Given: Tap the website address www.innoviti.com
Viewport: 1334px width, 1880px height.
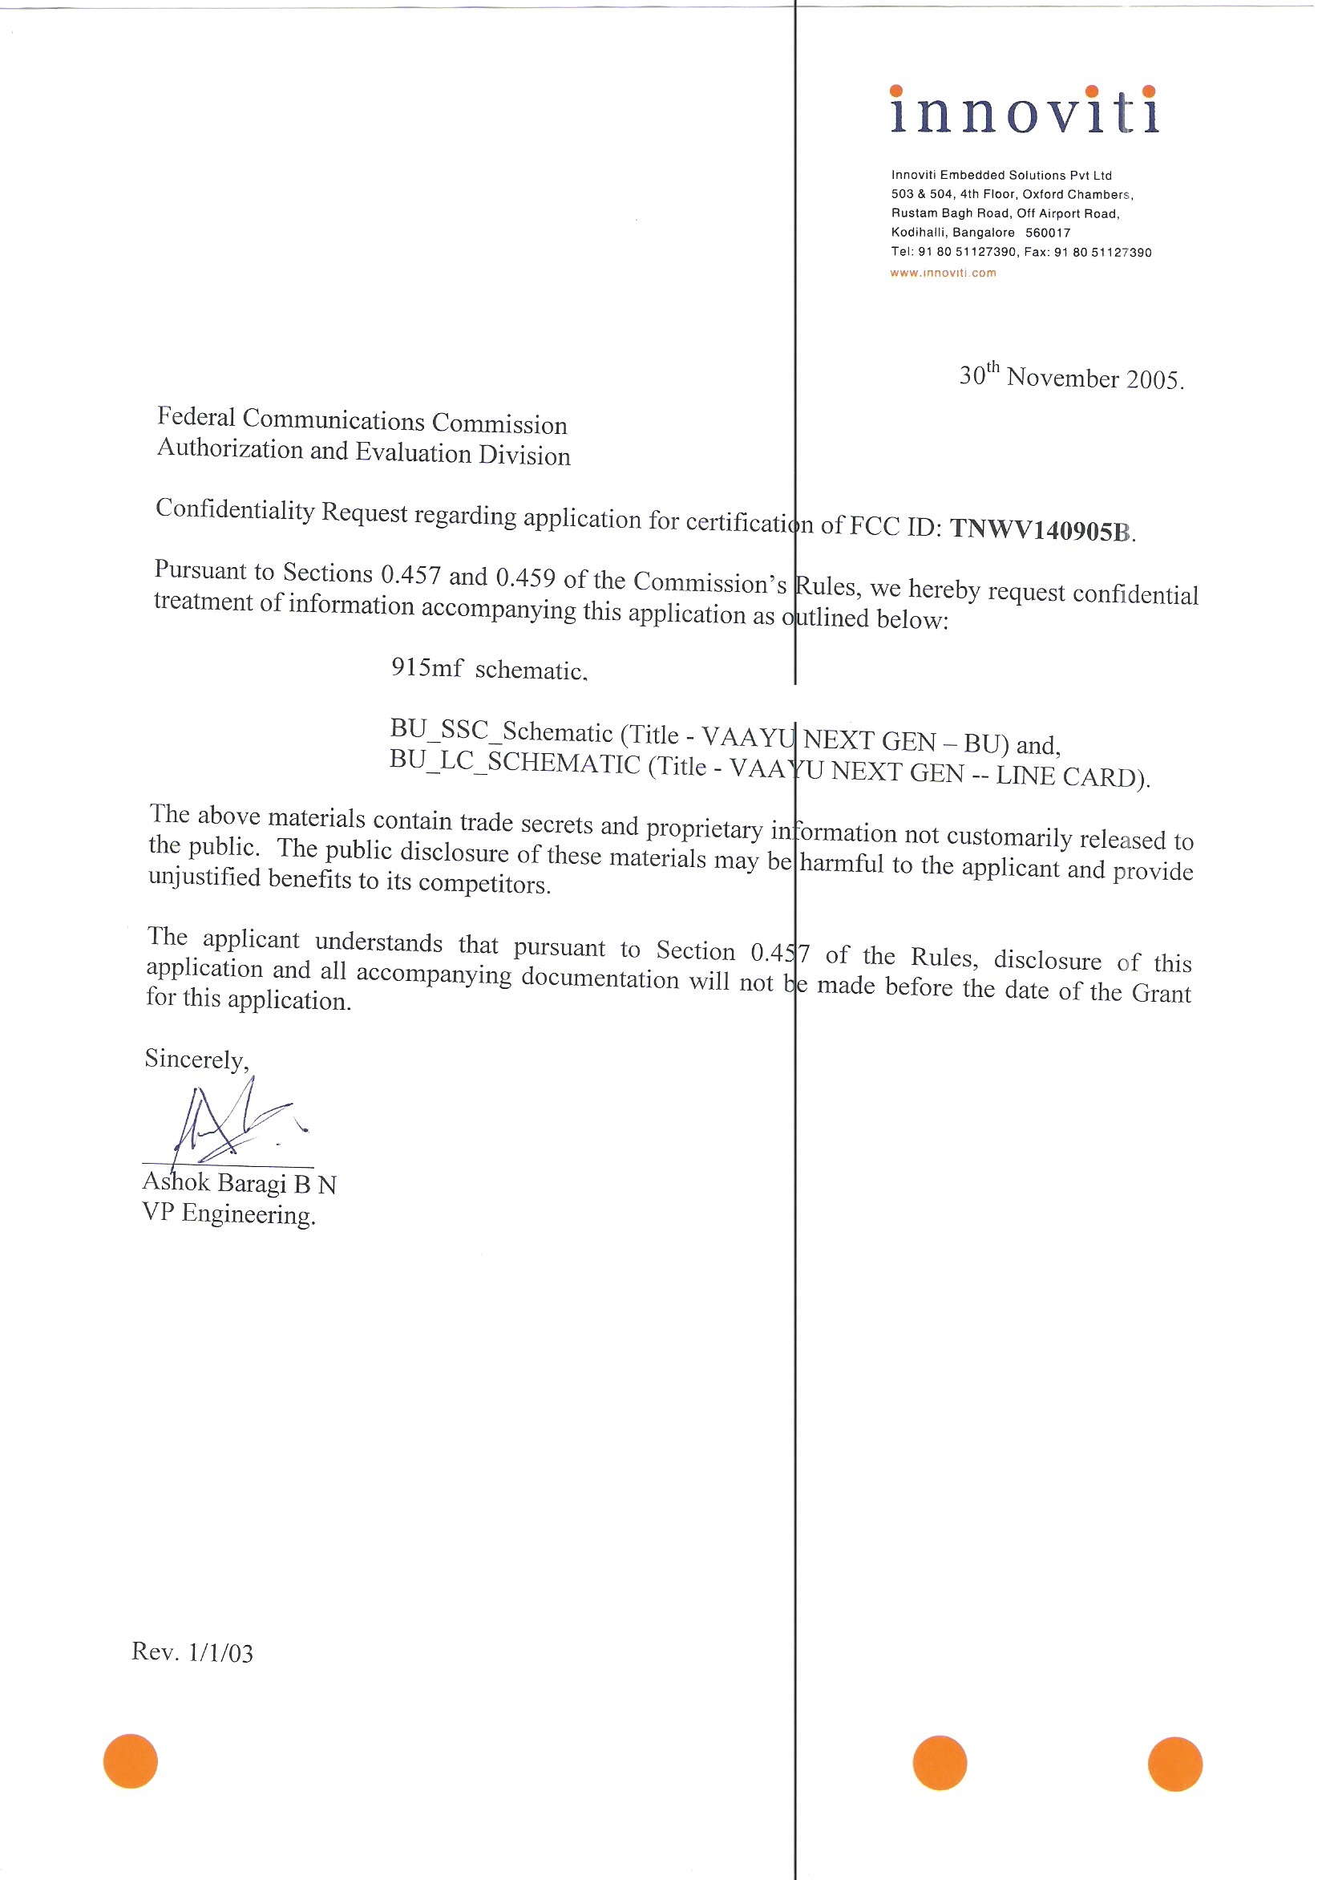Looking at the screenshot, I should pyautogui.click(x=943, y=273).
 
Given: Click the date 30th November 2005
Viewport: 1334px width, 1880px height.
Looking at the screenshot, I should pyautogui.click(x=1071, y=376).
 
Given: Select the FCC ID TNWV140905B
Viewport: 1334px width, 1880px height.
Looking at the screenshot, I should pyautogui.click(x=1041, y=530).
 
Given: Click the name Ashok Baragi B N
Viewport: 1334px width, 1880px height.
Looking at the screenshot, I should pyautogui.click(x=239, y=1182).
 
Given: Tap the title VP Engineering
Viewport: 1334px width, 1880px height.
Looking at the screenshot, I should pyautogui.click(x=228, y=1213).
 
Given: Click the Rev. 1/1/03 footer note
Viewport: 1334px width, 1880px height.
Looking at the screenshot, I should pyautogui.click(x=192, y=1652).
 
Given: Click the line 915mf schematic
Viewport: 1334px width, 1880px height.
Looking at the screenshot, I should pyautogui.click(x=489, y=669).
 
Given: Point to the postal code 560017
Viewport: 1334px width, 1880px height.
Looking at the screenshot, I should pyautogui.click(x=1047, y=233).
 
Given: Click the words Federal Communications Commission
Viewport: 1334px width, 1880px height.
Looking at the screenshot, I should pyautogui.click(x=362, y=421).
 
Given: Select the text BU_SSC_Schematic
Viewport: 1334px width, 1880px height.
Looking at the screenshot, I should pyautogui.click(x=501, y=730).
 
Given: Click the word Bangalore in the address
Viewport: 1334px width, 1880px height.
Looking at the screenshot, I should pyautogui.click(x=984, y=233).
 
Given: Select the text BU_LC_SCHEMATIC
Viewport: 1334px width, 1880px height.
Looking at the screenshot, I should pyautogui.click(x=514, y=763).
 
